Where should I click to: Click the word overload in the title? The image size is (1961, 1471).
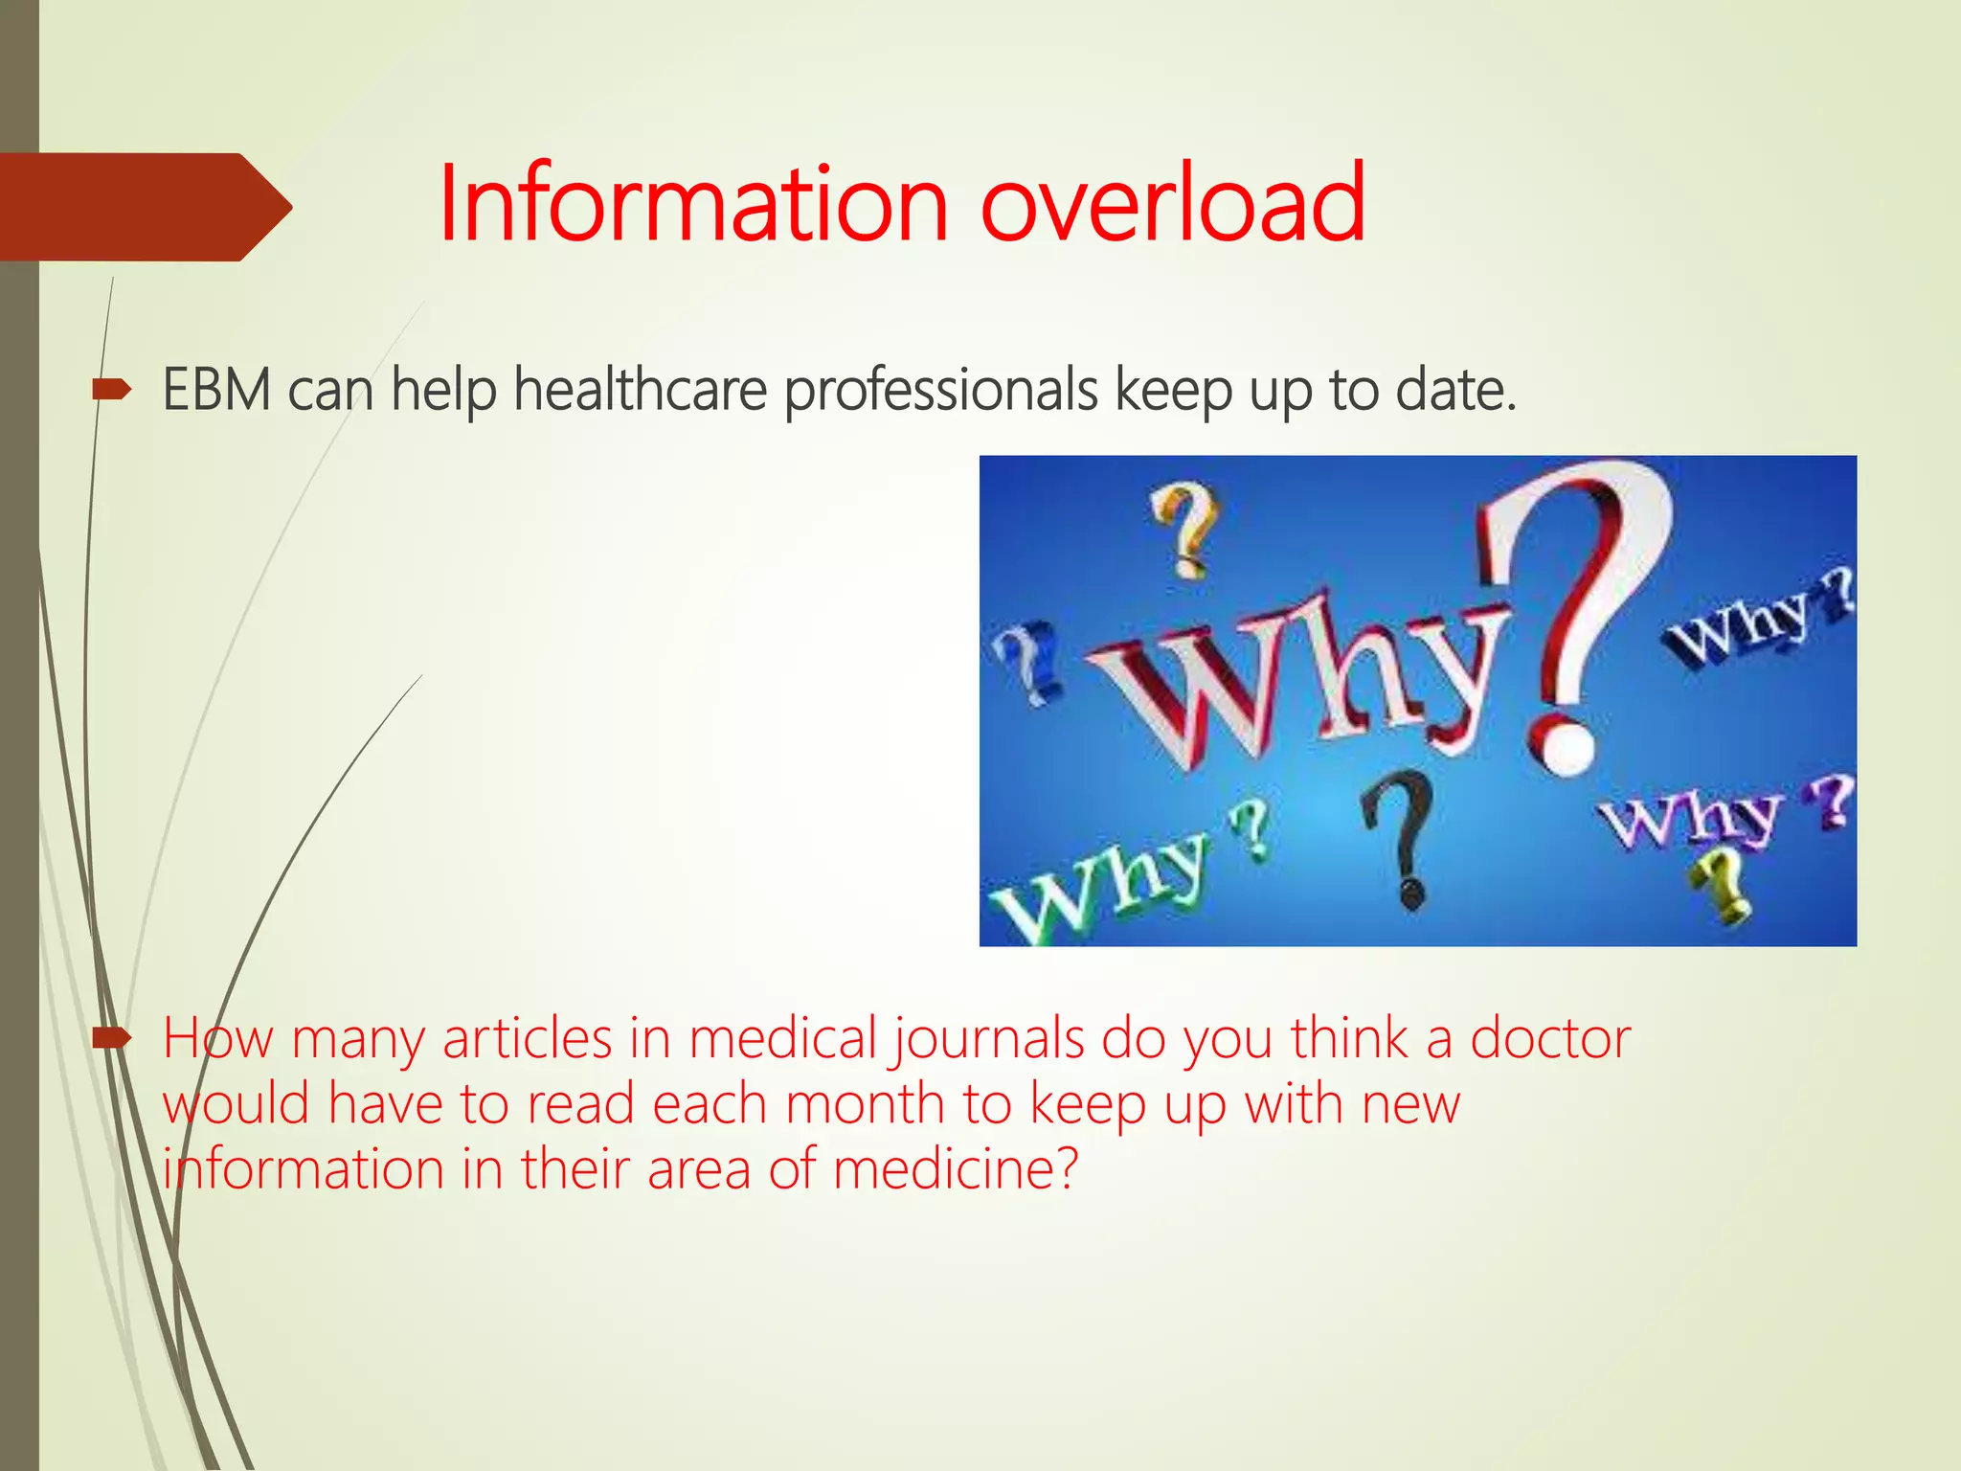point(1173,203)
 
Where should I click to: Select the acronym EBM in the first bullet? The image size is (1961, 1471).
point(217,390)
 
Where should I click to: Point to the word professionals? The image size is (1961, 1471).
point(941,392)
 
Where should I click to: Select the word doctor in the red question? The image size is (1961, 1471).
point(1550,1038)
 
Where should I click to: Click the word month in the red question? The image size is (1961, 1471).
point(865,1104)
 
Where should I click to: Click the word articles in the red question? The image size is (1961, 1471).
point(527,1038)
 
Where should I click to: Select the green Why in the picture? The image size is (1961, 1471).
point(1101,881)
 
